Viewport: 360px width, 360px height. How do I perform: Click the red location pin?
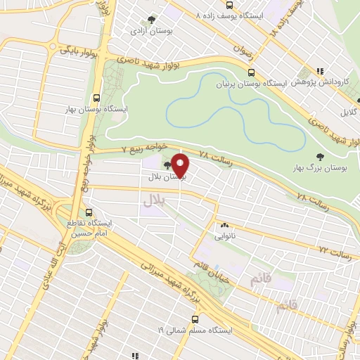[180, 166]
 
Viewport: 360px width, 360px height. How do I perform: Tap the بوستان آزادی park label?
[148, 32]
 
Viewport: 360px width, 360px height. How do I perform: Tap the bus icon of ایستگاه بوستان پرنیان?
[251, 72]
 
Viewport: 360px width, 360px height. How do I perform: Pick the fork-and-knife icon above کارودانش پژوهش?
[320, 71]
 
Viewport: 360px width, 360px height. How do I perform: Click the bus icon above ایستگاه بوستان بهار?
[97, 98]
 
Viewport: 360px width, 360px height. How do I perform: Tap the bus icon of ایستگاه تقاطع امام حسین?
[89, 212]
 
